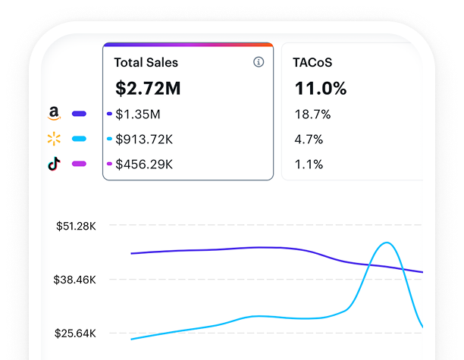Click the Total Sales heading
pos(146,63)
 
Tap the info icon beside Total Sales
pos(259,62)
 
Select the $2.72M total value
pos(148,89)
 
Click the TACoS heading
pos(312,63)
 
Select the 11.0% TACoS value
pos(320,89)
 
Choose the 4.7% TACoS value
pos(308,139)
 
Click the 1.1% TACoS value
pos(308,164)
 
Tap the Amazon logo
pos(53,114)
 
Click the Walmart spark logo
pos(53,139)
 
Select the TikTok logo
pos(53,164)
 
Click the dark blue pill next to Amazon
pos(79,114)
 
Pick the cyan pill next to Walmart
pos(79,139)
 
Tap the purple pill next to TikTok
pos(79,164)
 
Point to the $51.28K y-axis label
pos(75,225)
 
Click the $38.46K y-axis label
pos(75,280)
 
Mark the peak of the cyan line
pos(387,243)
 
